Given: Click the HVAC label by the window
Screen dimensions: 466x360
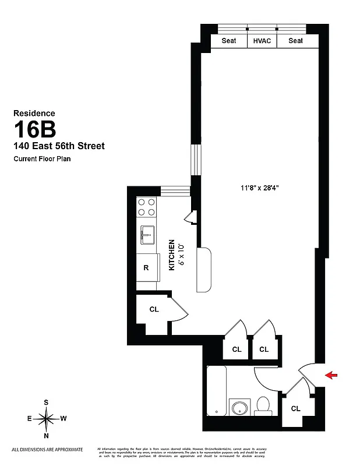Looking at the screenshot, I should (262, 41).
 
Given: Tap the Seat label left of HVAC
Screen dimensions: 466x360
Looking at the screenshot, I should (229, 41).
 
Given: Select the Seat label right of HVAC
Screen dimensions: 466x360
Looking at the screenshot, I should (295, 41).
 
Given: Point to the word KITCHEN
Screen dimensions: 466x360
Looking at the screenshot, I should (172, 255).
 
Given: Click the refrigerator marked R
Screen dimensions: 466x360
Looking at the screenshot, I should (146, 268).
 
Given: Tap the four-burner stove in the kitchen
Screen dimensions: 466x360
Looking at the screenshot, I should (147, 207).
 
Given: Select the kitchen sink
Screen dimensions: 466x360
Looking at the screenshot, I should (147, 236).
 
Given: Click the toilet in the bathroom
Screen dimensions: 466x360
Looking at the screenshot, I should (263, 405).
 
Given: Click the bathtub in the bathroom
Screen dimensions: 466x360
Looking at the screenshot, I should (217, 391).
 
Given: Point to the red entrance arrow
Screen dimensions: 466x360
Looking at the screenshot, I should (331, 375).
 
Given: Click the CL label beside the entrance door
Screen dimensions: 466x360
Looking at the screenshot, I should (295, 408).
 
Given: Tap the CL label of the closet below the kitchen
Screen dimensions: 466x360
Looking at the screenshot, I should (154, 310).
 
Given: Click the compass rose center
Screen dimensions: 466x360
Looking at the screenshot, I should (47, 418).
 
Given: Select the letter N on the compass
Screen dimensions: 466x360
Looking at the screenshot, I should (47, 435).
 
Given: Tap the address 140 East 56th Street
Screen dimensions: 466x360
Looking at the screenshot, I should (59, 146).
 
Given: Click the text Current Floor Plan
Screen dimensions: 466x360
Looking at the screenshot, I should (43, 159).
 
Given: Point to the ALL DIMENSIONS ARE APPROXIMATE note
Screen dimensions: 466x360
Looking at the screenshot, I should (47, 449).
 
